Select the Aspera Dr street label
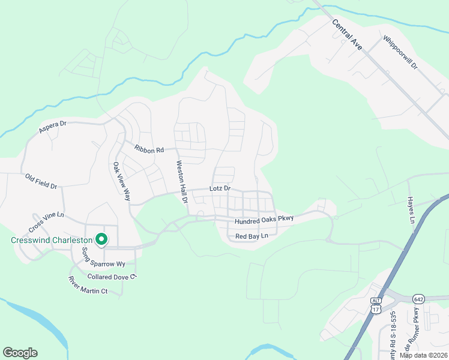[x=52, y=127]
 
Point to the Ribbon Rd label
[x=149, y=149]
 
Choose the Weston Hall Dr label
[x=181, y=182]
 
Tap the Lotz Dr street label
[x=220, y=188]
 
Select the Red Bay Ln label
[x=251, y=237]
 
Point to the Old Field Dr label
[x=41, y=181]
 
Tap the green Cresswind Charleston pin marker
[x=101, y=239]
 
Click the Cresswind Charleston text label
[x=51, y=240]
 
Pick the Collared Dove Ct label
[x=112, y=277]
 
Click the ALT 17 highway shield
[x=376, y=306]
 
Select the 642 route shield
[x=419, y=298]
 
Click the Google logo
[x=20, y=353]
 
